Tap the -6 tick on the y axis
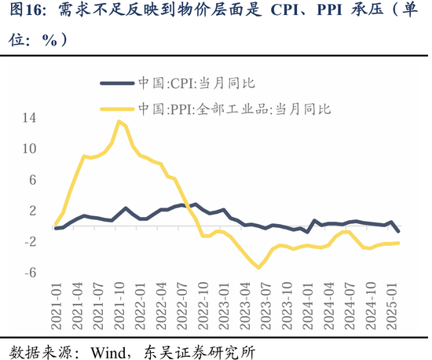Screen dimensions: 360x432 30,273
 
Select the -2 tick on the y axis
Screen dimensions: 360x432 30,242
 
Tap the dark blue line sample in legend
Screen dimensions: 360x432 115,82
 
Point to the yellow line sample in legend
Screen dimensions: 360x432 115,109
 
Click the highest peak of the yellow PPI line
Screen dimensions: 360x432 119,121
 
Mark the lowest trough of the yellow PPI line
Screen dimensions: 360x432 259,268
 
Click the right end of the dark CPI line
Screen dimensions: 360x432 398,230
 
